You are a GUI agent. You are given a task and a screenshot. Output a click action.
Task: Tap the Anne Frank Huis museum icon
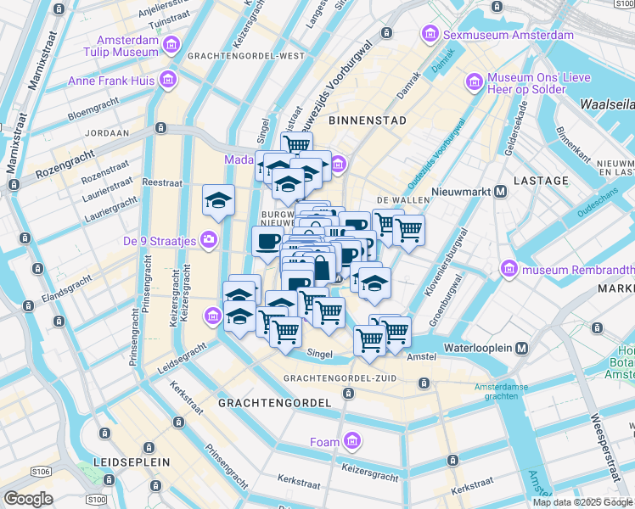(168, 81)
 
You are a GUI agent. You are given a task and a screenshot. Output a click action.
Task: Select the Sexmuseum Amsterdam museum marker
(430, 35)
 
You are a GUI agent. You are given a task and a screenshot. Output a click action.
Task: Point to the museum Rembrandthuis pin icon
(509, 270)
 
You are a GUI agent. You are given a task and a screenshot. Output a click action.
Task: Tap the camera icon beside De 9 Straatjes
(208, 241)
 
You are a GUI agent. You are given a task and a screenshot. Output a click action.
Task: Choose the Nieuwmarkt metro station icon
(501, 192)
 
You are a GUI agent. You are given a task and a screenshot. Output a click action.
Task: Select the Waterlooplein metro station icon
(521, 348)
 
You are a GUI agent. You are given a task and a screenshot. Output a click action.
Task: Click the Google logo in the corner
(29, 499)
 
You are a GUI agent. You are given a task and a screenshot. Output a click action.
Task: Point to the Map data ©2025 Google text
(583, 502)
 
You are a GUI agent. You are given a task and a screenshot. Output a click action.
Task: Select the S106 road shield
(40, 471)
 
